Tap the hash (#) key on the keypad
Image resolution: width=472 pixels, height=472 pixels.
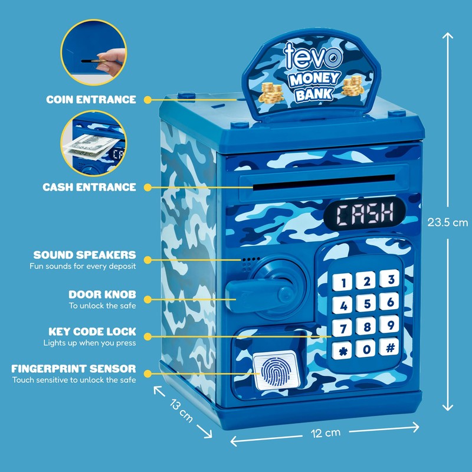click(390, 348)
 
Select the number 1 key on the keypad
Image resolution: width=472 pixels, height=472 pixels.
click(342, 283)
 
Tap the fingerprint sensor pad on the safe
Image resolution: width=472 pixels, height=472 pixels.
click(276, 370)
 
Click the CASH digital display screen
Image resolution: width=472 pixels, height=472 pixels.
click(365, 214)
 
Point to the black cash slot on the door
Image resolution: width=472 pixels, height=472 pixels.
click(324, 182)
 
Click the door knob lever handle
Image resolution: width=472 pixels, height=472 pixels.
click(259, 294)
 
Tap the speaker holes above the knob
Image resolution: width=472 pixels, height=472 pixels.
click(250, 264)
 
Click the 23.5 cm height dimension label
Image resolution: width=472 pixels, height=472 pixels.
click(448, 222)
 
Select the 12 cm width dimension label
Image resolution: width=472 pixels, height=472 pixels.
click(326, 433)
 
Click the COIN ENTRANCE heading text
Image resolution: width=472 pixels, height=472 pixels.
click(91, 100)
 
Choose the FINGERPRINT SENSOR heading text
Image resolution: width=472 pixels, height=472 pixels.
click(74, 369)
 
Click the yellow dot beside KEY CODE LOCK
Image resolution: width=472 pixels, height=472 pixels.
click(147, 336)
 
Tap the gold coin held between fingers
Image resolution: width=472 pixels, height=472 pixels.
click(99, 61)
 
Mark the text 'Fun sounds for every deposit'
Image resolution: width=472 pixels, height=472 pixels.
click(83, 267)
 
